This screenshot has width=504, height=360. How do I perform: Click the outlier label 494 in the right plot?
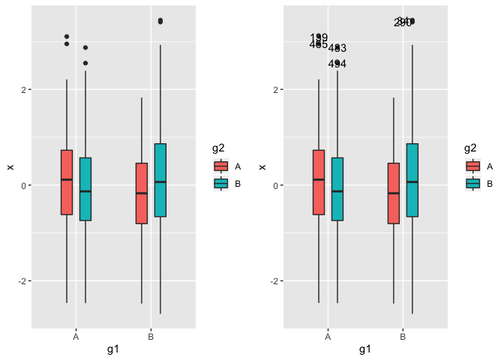337,64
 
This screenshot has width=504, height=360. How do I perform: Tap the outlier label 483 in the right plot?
337,48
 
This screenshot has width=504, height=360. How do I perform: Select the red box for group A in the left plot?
67,182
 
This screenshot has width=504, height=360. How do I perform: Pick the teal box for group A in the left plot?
85,189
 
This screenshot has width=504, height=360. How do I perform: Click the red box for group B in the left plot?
142,193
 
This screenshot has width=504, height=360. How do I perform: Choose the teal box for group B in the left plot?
160,180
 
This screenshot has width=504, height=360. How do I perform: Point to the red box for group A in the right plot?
319,182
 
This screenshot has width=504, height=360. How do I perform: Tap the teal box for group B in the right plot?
412,180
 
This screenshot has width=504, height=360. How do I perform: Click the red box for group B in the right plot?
394,193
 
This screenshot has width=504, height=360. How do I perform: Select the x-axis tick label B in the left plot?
151,337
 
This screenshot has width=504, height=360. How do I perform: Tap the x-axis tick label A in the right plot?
328,337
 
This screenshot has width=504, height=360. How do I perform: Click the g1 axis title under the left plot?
113,349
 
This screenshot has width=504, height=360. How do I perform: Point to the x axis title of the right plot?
365,349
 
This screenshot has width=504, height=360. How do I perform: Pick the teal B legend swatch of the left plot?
220,183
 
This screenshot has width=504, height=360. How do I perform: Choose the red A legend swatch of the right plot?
472,166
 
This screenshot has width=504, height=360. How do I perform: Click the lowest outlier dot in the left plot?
85,63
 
